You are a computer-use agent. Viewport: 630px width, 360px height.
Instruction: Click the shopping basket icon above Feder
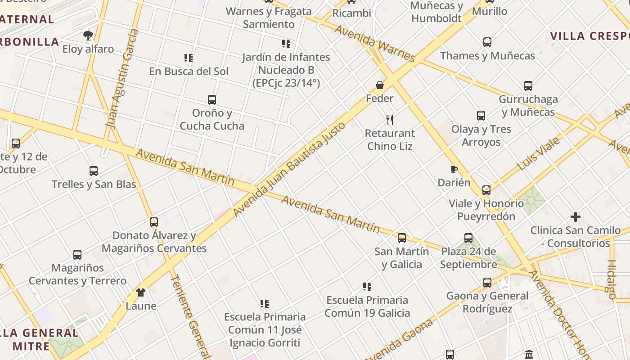(x=380, y=85)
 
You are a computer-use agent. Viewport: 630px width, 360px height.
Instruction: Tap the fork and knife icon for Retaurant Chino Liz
(x=390, y=120)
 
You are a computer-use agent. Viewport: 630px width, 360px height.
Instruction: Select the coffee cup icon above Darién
(x=454, y=170)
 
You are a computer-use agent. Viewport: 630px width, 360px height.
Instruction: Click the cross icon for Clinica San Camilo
(x=575, y=217)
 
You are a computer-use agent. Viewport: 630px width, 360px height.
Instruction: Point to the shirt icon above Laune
(x=141, y=292)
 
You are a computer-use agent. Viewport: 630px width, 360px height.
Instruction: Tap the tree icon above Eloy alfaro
(x=88, y=35)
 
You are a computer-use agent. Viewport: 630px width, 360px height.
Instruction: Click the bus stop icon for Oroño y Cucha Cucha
(x=211, y=99)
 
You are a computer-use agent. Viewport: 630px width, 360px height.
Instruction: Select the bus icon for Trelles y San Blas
(x=94, y=171)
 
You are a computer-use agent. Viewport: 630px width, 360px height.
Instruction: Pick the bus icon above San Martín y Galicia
(x=401, y=238)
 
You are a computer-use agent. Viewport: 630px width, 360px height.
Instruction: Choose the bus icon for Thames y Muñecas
(x=487, y=42)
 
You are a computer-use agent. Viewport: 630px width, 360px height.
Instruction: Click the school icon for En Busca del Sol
(x=189, y=58)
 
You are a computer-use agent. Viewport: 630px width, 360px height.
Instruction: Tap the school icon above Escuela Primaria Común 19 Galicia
(x=367, y=287)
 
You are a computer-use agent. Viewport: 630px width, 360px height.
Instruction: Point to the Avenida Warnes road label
(x=374, y=43)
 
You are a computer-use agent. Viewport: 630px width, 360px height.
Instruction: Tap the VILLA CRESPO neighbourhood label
(x=589, y=36)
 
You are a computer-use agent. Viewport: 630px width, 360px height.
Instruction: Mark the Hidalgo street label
(x=612, y=279)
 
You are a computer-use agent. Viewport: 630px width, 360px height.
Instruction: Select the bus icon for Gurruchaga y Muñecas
(x=528, y=85)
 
